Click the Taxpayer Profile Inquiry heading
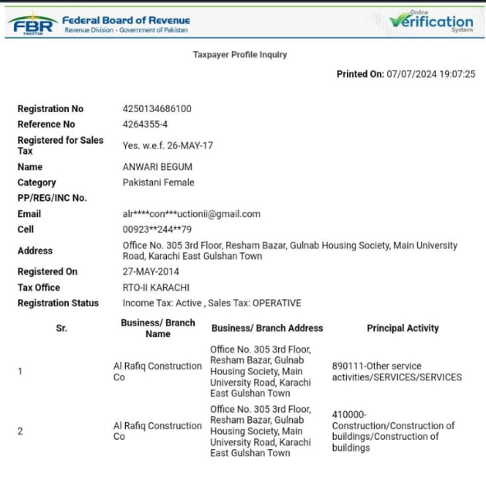(240, 55)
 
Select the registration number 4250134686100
(157, 109)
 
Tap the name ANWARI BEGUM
(158, 167)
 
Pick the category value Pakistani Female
(158, 182)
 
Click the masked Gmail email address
(191, 214)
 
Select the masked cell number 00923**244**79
(157, 230)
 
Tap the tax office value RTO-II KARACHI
(156, 288)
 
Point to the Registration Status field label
(58, 303)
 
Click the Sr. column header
(62, 328)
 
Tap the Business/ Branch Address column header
(267, 328)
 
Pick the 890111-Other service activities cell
(396, 371)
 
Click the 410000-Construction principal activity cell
(393, 431)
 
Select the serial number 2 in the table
(20, 431)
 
